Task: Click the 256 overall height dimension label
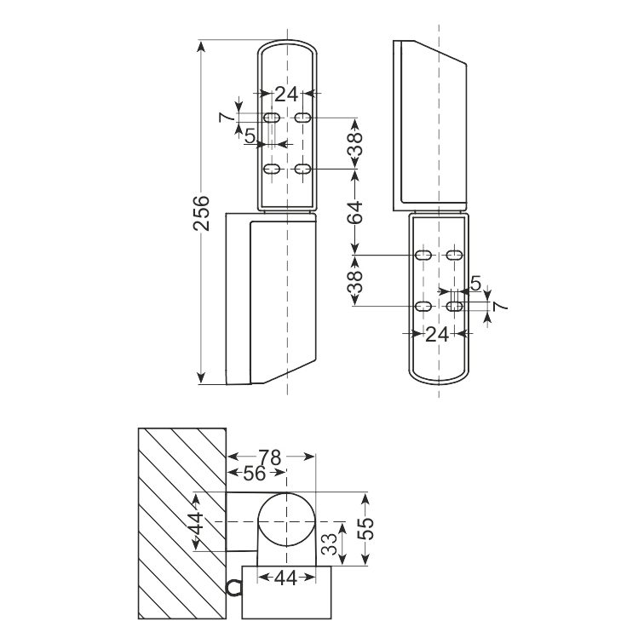(201, 213)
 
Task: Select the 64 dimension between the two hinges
(356, 212)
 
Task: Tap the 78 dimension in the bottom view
(270, 457)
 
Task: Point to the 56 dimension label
(254, 474)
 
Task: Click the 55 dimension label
(365, 528)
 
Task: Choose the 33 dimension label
(329, 543)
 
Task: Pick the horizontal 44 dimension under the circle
(286, 578)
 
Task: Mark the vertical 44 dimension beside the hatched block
(198, 522)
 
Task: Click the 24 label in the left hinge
(286, 95)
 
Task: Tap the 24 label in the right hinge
(437, 335)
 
